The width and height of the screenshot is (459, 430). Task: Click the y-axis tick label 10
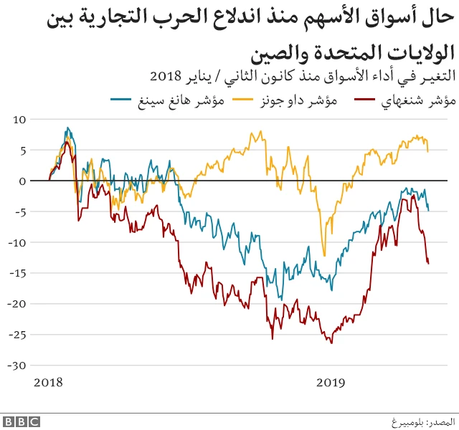tap(19, 120)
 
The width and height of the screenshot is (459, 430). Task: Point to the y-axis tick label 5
tap(22, 150)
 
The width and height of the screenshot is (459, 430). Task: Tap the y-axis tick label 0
tap(22, 181)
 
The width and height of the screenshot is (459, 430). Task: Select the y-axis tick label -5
tap(20, 212)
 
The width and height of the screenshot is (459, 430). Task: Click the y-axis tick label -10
tap(18, 243)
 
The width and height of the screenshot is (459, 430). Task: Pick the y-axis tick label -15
tap(18, 274)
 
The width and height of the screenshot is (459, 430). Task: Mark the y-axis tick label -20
tap(18, 304)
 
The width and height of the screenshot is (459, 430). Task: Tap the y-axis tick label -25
tap(18, 335)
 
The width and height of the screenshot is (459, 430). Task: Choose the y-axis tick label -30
tap(18, 365)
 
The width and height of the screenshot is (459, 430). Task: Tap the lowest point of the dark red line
tap(331, 343)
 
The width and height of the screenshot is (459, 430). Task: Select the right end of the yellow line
tap(428, 151)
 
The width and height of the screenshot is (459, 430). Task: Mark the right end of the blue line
tap(429, 210)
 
